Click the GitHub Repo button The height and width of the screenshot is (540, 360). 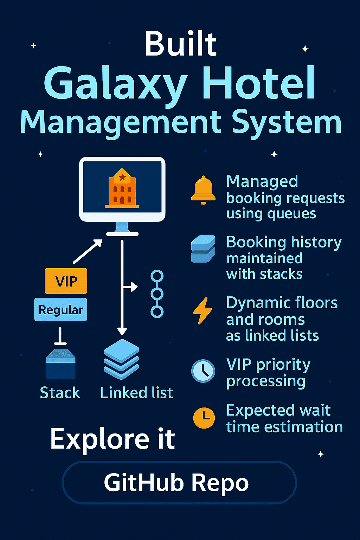click(x=179, y=483)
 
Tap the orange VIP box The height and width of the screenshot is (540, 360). click(x=66, y=281)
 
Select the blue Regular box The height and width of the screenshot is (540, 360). click(x=61, y=310)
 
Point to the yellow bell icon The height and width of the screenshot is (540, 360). click(x=203, y=190)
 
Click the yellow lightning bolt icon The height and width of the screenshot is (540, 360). click(x=203, y=310)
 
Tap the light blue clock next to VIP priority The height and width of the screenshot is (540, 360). click(x=203, y=371)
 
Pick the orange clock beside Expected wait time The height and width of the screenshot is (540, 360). click(x=204, y=418)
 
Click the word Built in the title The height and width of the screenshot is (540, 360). click(x=180, y=44)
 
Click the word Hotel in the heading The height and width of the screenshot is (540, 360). click(x=258, y=84)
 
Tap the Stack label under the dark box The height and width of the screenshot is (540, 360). click(x=60, y=393)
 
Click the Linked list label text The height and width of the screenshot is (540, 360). click(x=136, y=393)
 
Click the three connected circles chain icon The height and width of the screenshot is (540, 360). click(x=157, y=294)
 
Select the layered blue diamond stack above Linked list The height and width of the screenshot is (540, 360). click(x=122, y=359)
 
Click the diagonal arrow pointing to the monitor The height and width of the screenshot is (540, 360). click(x=88, y=251)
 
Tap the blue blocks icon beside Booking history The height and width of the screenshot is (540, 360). click(x=203, y=249)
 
